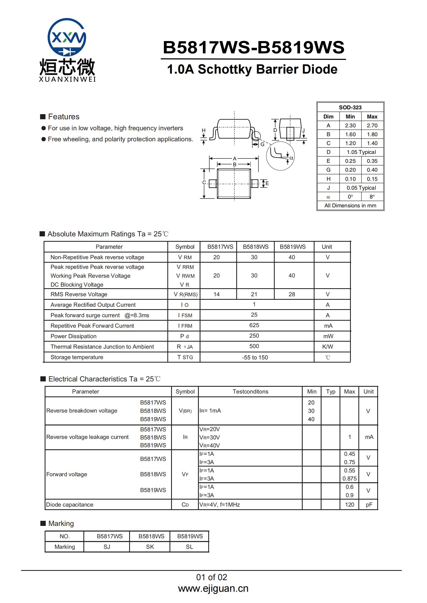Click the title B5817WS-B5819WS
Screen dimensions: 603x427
coord(253,47)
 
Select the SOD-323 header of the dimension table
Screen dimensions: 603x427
coord(350,107)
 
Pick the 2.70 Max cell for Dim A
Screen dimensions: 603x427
coord(372,125)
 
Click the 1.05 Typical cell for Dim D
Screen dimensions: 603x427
coord(361,152)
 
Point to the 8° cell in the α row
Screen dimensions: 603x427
coord(372,197)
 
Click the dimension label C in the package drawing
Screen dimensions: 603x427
coord(204,183)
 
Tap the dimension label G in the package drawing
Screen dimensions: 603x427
coord(262,144)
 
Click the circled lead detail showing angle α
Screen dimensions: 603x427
coord(280,156)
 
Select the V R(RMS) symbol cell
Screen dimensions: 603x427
coord(185,294)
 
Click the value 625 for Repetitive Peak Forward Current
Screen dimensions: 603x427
coord(254,325)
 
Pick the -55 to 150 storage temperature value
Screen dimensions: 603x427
coord(255,358)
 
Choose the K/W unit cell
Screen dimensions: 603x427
coord(327,347)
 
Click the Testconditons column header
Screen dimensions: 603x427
coord(250,392)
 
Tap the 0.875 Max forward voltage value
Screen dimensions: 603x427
coord(349,479)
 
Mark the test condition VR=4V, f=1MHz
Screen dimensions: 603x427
coord(220,505)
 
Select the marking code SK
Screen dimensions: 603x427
coord(150,547)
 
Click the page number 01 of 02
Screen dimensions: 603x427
coord(211,577)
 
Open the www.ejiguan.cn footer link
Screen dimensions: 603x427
coord(213,588)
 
